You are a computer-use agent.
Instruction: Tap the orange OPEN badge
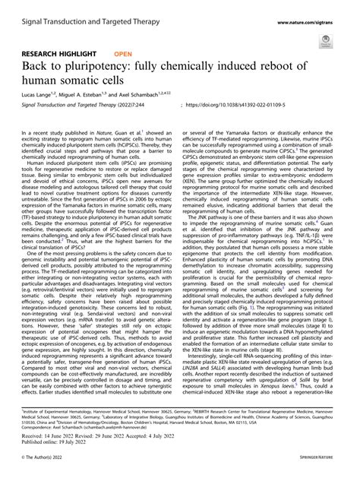124,55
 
